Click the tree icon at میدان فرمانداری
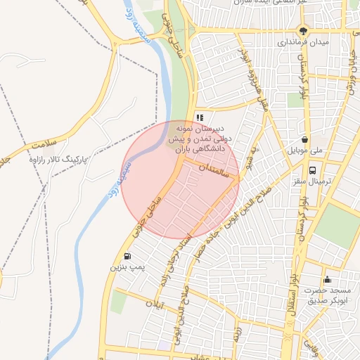(303, 30)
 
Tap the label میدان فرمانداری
(303, 42)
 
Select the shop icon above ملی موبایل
(304, 139)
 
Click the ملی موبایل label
(304, 151)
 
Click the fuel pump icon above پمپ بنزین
(127, 256)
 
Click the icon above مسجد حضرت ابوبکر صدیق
(327, 280)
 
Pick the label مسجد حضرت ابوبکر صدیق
(328, 296)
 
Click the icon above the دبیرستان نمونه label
(200, 118)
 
